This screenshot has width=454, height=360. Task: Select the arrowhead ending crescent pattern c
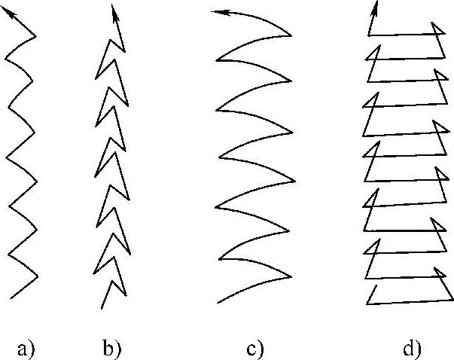pyautogui.click(x=216, y=12)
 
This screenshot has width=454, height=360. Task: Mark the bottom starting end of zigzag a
pyautogui.click(x=12, y=298)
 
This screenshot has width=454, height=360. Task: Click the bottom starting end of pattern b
pyautogui.click(x=102, y=307)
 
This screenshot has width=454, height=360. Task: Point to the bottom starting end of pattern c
pyautogui.click(x=218, y=303)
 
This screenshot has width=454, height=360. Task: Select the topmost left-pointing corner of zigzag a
pyautogui.click(x=5, y=54)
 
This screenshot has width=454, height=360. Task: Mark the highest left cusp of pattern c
pyautogui.click(x=217, y=59)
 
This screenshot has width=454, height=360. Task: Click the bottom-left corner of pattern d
pyautogui.click(x=367, y=304)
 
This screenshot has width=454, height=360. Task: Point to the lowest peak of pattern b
pyautogui.click(x=114, y=281)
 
